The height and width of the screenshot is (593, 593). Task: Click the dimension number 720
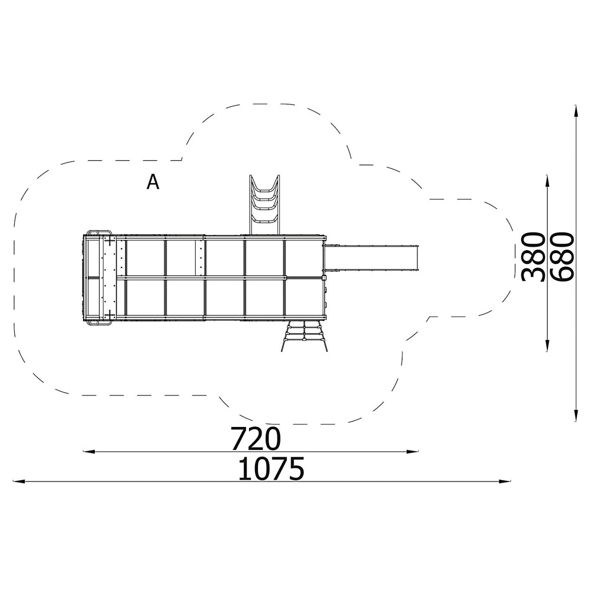click(x=256, y=439)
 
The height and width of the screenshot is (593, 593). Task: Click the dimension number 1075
click(x=271, y=468)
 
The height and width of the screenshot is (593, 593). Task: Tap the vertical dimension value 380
click(x=533, y=257)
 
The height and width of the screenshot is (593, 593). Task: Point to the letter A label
click(x=153, y=182)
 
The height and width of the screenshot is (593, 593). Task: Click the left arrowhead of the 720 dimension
click(x=88, y=451)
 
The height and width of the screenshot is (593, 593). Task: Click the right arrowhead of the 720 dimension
click(x=413, y=451)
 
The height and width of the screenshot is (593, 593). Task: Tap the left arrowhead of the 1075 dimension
click(x=19, y=482)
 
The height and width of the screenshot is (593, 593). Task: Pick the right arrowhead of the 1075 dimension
click(x=505, y=482)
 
